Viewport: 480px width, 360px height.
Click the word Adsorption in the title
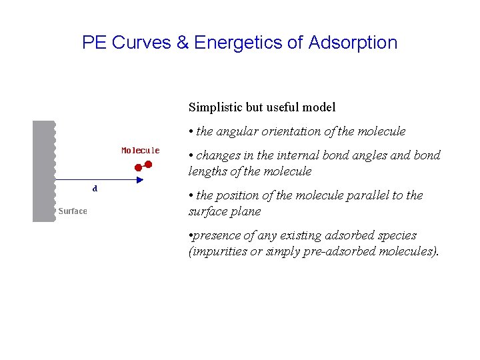353,43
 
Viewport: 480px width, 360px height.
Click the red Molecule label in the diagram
140,151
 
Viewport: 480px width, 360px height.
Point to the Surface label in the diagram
72,211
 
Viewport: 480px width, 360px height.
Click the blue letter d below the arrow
95,189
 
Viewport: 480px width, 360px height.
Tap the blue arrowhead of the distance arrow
139,180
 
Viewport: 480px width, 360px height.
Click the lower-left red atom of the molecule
139,168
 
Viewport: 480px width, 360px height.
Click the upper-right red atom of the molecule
149,163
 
